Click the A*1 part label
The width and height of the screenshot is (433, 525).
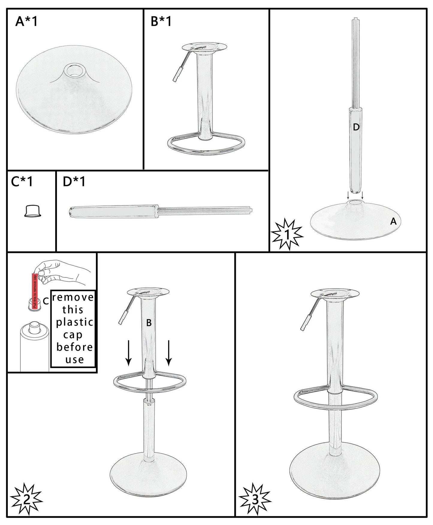[x=27, y=22]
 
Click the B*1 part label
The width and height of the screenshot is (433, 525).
[x=161, y=22]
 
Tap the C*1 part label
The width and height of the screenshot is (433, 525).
[x=22, y=182]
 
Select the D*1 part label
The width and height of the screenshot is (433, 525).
[x=74, y=182]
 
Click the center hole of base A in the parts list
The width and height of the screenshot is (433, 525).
[x=74, y=70]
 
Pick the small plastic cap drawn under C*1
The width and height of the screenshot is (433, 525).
[x=32, y=211]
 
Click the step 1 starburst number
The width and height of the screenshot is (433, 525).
[x=287, y=235]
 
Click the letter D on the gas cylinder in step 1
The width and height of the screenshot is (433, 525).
[x=356, y=127]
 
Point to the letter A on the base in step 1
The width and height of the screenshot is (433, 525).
[x=393, y=221]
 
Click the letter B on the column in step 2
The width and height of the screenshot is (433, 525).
[x=149, y=323]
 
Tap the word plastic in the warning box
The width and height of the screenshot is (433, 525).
[x=75, y=322]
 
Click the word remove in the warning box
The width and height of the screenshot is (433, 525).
[x=73, y=297]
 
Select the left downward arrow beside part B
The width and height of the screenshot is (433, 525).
[x=128, y=353]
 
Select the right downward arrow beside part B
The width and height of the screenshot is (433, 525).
[x=169, y=353]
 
